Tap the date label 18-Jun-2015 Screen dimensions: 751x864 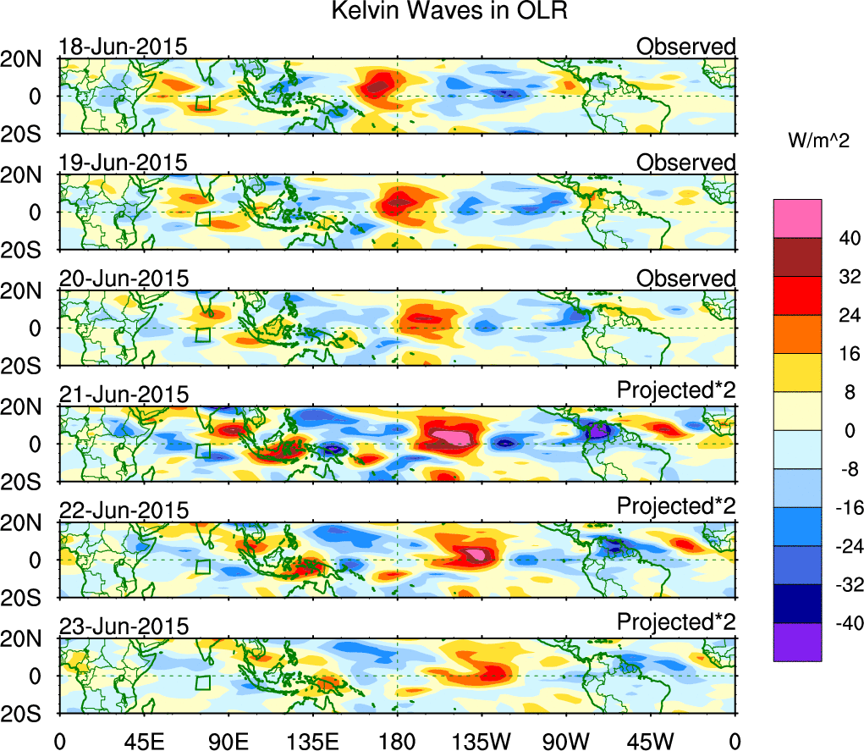click(123, 47)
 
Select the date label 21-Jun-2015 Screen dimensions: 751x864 click(123, 395)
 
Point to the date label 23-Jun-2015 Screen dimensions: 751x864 click(123, 627)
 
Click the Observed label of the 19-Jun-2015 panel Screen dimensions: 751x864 click(686, 163)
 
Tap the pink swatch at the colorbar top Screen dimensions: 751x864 click(797, 218)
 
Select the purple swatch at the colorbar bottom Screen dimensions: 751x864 click(797, 642)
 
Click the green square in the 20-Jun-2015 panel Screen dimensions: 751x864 click(202, 335)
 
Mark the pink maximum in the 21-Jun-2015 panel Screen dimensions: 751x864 click(454, 436)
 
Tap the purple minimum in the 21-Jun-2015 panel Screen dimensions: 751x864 click(599, 431)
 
